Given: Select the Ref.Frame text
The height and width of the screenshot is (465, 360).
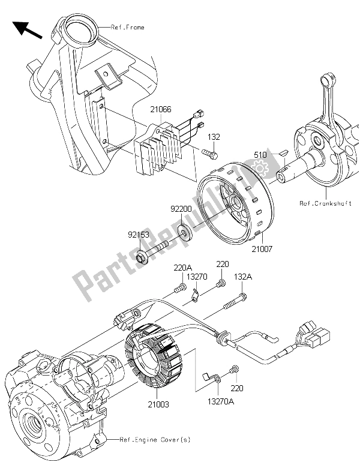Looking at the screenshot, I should tap(127, 28).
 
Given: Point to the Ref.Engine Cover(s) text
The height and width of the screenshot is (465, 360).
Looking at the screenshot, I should tap(150, 442).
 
